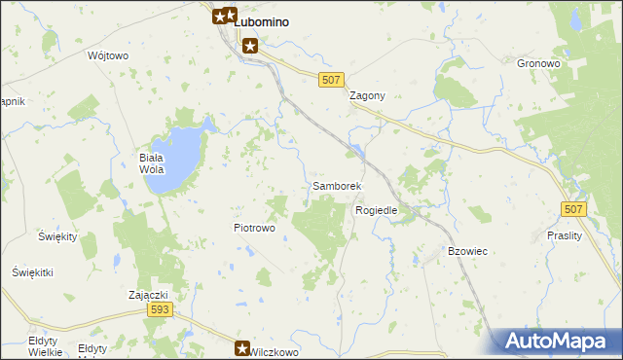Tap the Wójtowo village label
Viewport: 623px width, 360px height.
click(x=108, y=55)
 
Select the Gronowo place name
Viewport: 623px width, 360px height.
click(x=539, y=63)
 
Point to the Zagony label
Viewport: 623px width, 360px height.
click(x=368, y=96)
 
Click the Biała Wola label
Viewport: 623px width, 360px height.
click(x=151, y=162)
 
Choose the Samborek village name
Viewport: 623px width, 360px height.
click(x=337, y=185)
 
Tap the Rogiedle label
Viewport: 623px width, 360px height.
click(x=377, y=210)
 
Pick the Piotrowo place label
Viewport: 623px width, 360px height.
click(x=254, y=228)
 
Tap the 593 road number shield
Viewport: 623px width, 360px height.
click(x=161, y=309)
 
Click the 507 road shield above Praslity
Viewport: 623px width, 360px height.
click(x=573, y=210)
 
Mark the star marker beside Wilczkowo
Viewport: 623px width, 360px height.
click(x=243, y=347)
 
